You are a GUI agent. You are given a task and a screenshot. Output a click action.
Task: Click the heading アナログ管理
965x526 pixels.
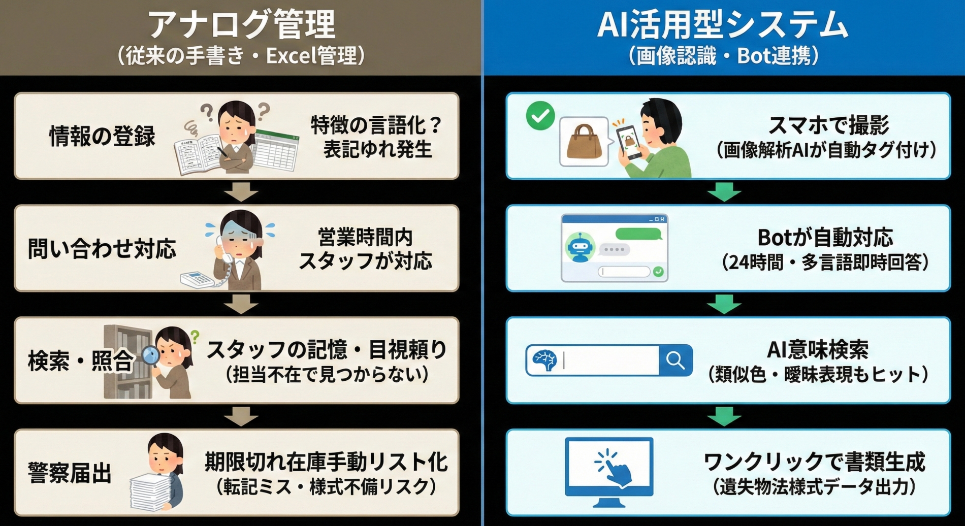coord(241,25)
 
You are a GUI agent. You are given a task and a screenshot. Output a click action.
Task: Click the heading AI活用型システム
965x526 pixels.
coord(723,25)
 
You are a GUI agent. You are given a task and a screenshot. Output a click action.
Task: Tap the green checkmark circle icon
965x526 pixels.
coord(540,116)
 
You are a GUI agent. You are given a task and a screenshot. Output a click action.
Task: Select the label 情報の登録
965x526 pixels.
coord(102,137)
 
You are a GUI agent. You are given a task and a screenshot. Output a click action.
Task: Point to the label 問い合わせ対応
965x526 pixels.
coord(102,249)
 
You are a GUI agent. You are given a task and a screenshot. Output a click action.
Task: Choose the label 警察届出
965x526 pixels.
coord(70,473)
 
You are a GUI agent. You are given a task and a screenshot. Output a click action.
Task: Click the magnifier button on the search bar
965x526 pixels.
coord(675,360)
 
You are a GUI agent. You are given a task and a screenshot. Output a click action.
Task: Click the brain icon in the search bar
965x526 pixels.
coord(544,360)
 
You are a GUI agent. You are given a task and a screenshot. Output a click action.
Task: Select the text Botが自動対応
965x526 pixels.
coord(825,237)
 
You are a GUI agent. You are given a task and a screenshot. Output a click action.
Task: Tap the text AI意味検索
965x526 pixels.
coord(818,349)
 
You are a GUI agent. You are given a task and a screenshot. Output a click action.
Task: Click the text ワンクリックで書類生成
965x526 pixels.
coord(814,462)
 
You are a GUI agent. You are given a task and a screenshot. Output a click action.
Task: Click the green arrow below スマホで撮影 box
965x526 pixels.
coord(724,192)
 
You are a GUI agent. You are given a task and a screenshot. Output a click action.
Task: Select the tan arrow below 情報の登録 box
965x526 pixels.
coord(241,192)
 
